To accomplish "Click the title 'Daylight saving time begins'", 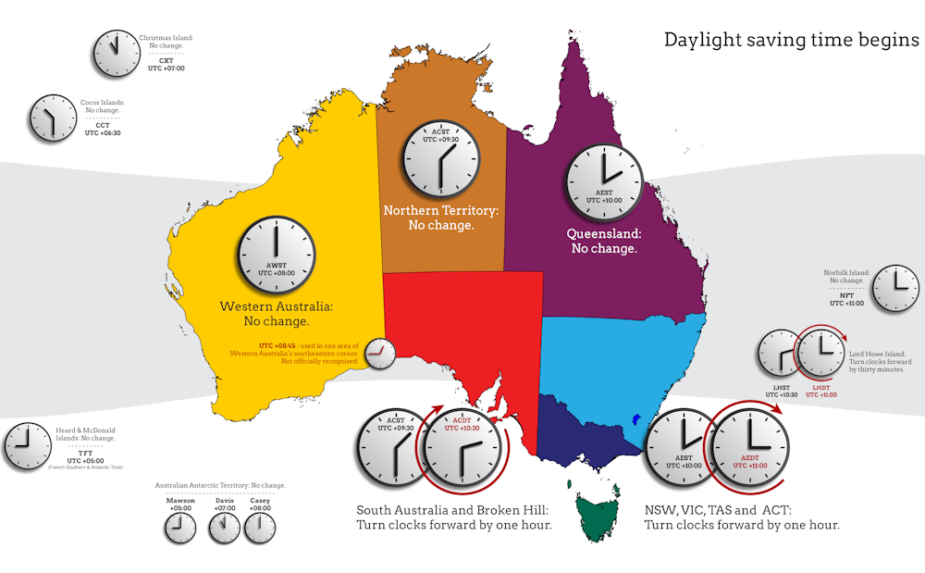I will [792, 41].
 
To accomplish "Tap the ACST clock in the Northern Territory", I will [442, 155].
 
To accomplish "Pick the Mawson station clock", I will [180, 528].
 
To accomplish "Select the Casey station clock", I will [260, 528].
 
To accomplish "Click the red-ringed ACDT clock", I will [462, 449].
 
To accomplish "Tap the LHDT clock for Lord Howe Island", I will [820, 353].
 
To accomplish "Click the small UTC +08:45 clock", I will [379, 353].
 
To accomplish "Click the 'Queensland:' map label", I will [604, 234].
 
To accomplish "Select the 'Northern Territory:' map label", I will [441, 211].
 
